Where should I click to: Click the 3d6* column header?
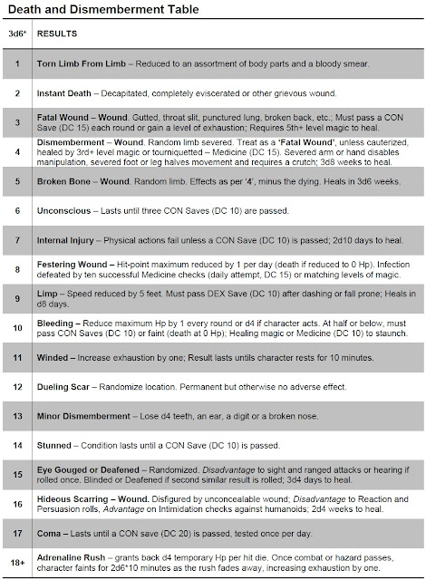(x=17, y=34)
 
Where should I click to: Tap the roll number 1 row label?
(x=17, y=65)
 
